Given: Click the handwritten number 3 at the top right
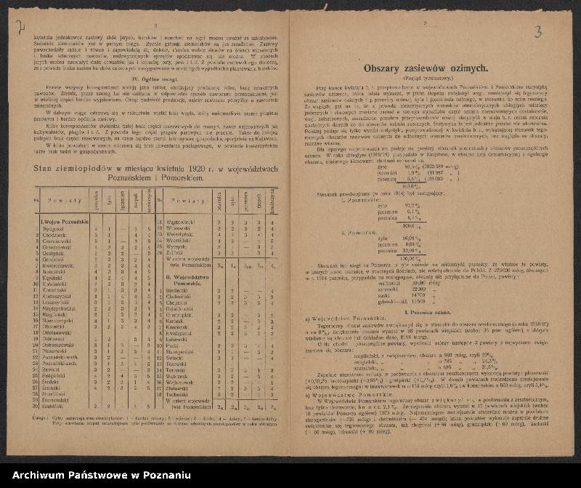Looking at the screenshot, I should pos(537,31).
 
